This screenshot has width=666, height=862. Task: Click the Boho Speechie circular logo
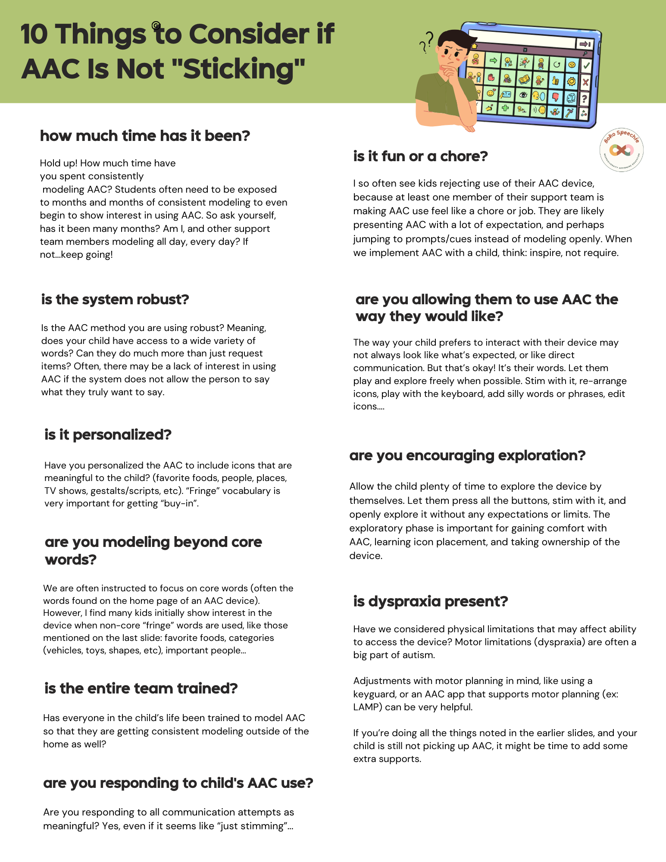pos(621,150)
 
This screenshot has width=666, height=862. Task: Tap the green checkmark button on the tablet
pos(586,66)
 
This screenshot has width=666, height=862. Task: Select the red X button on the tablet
pos(585,82)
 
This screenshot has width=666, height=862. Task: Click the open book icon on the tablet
pos(524,79)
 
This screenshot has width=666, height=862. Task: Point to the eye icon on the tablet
pos(523,95)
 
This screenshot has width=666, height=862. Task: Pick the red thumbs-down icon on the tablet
pos(556,97)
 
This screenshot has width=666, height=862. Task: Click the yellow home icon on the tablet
pos(474,46)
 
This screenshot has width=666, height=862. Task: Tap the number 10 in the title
pos(34,34)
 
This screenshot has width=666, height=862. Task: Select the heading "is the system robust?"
pos(115,299)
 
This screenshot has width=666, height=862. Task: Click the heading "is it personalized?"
pos(108,434)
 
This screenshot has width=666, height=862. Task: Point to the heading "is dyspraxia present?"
pos(430,601)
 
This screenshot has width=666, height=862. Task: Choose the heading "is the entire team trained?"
pos(141,688)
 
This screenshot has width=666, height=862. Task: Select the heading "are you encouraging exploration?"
pos(467,455)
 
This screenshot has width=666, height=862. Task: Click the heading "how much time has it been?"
pos(145,136)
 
